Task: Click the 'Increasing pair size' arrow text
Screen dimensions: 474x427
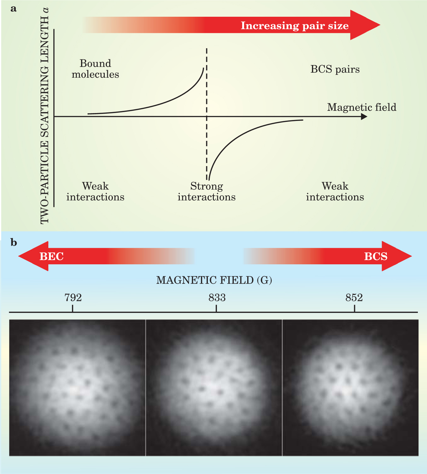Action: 295,26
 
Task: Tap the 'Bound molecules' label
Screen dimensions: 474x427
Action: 95,69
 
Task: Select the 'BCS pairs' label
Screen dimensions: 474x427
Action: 335,69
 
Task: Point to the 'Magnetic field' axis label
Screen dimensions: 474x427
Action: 361,107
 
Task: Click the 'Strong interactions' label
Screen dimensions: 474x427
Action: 207,191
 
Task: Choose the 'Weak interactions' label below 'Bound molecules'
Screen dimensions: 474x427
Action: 95,191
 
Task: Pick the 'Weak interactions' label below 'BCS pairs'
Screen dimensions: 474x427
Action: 335,191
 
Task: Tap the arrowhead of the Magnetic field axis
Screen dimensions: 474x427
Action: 364,117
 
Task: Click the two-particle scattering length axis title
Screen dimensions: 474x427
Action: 45,117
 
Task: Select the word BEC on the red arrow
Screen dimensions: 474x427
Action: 51,256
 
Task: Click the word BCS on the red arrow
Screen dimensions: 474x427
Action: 376,256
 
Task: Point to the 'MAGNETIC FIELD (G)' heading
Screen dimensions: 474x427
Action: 214,280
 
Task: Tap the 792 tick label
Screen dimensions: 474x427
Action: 73,297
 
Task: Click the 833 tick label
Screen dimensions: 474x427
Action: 217,297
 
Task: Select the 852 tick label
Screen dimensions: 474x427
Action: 354,297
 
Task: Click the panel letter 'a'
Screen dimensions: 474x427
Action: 13,9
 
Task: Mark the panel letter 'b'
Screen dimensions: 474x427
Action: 14,243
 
